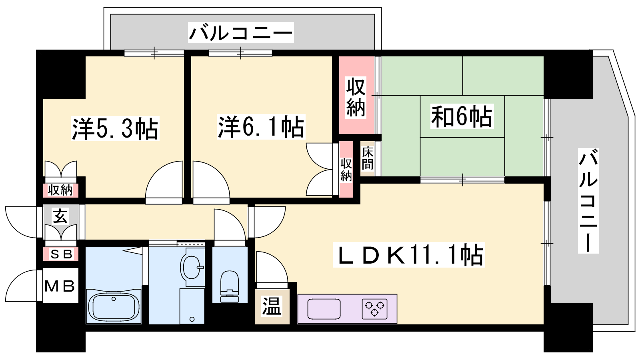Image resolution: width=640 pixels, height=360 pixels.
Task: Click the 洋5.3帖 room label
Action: tap(115, 128)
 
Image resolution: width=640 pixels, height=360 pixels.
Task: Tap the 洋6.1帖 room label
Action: tap(261, 127)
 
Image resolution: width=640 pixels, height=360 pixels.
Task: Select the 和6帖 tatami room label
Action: tap(462, 116)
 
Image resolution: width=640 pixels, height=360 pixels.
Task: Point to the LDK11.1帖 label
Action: tap(409, 254)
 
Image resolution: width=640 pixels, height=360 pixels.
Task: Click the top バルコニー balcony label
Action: tap(241, 32)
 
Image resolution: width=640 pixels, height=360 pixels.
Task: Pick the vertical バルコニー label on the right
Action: tap(588, 200)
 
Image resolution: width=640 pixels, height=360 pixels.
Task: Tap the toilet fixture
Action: tap(230, 286)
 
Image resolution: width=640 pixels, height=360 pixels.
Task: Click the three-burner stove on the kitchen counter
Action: tap(374, 309)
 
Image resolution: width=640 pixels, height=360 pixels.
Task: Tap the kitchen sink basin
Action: tap(324, 309)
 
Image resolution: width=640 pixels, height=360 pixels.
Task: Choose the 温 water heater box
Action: tap(272, 306)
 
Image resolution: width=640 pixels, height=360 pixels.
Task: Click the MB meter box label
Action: tap(60, 286)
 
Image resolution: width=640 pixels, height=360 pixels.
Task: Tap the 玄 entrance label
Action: tap(60, 216)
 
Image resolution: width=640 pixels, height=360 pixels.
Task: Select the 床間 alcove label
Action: tap(368, 158)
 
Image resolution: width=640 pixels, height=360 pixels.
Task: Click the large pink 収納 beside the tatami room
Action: tap(356, 95)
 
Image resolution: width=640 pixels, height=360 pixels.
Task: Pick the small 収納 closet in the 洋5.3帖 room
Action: tap(60, 190)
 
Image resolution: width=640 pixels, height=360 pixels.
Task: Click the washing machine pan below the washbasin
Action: tap(192, 306)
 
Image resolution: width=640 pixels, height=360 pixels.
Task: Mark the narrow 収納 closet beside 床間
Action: tap(346, 169)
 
